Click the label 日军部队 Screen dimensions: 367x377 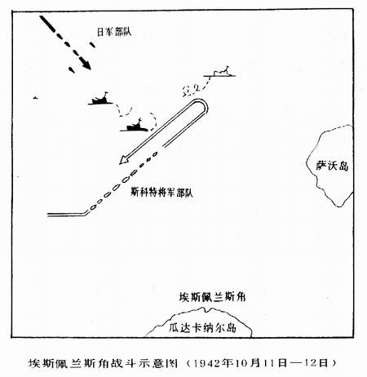[114, 32]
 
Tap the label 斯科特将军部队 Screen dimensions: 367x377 [161, 193]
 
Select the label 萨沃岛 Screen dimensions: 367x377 [332, 166]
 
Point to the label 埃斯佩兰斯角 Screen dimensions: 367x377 [212, 297]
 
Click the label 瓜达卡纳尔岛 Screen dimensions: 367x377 [203, 327]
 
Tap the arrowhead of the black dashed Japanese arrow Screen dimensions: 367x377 [87, 65]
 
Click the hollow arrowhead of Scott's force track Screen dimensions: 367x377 [124, 160]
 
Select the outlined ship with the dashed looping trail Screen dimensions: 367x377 [221, 72]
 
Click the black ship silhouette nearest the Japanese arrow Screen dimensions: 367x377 [100, 100]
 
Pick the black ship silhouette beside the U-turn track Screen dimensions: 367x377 [135, 126]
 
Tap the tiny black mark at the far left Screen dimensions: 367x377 [35, 98]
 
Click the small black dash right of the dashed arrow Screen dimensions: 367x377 [92, 45]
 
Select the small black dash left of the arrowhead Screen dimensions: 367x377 [72, 70]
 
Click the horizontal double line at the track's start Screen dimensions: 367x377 [67, 215]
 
